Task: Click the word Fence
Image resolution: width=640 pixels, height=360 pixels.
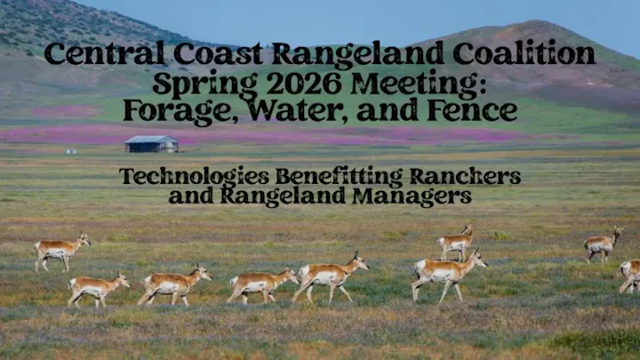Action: pos(472,112)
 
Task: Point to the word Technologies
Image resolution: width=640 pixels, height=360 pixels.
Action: pos(194,176)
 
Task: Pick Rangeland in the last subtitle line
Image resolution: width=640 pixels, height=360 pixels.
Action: pos(283,196)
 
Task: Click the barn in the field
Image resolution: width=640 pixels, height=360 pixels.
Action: pos(151,143)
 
